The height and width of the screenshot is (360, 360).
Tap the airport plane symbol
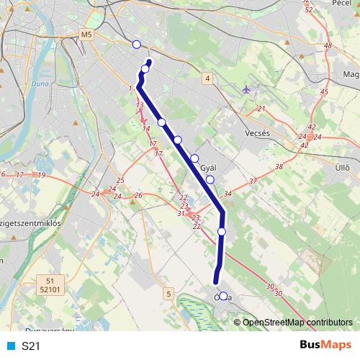point(248,89)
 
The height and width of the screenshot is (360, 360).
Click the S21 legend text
point(31,346)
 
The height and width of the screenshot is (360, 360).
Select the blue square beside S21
point(10,346)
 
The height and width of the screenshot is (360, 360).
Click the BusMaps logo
point(323,346)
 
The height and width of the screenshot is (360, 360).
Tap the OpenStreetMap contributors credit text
point(297,323)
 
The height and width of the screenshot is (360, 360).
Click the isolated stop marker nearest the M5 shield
point(137,45)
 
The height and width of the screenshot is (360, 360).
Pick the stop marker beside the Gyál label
point(210,179)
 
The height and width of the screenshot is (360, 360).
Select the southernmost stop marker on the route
point(223,296)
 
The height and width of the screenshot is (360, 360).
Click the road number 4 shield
point(207,78)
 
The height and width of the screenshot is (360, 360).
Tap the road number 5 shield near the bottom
point(168,293)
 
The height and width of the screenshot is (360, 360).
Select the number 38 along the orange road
point(279,166)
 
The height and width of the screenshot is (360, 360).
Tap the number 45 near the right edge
point(324,92)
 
